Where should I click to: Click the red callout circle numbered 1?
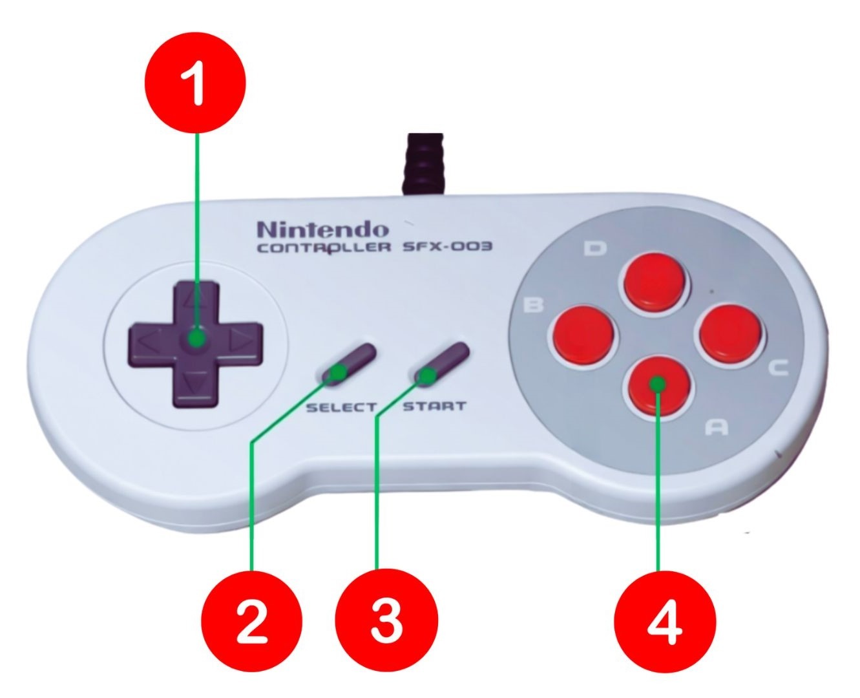tap(195, 83)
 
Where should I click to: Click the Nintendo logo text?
tap(323, 229)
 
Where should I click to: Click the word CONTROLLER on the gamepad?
tap(324, 248)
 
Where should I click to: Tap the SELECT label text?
tap(341, 407)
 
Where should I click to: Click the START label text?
tap(434, 406)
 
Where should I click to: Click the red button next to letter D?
tap(654, 282)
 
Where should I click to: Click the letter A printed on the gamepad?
tap(717, 427)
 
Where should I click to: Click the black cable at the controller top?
tap(424, 164)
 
